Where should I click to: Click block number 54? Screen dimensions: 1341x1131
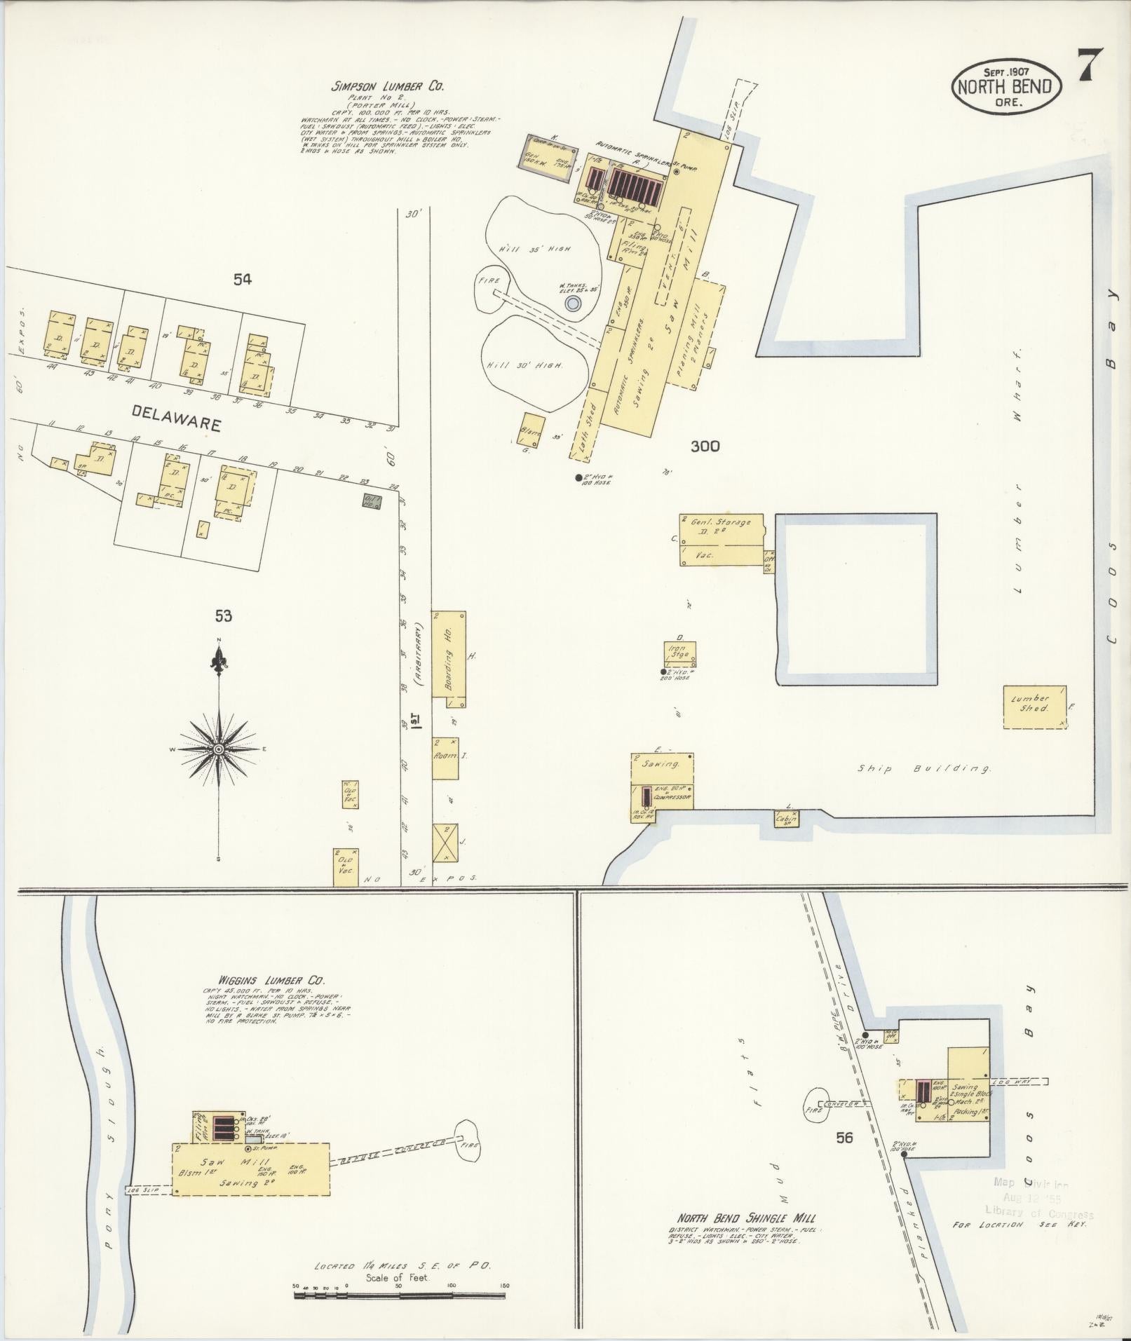click(242, 280)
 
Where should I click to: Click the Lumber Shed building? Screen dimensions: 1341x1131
click(1034, 707)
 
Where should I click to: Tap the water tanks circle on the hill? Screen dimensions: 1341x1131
click(573, 304)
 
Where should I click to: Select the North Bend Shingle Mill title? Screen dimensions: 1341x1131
click(745, 1218)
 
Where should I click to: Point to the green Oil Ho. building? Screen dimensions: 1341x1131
click(372, 500)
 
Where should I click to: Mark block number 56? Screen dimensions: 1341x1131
click(844, 1137)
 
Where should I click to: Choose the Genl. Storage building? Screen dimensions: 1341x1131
click(722, 540)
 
